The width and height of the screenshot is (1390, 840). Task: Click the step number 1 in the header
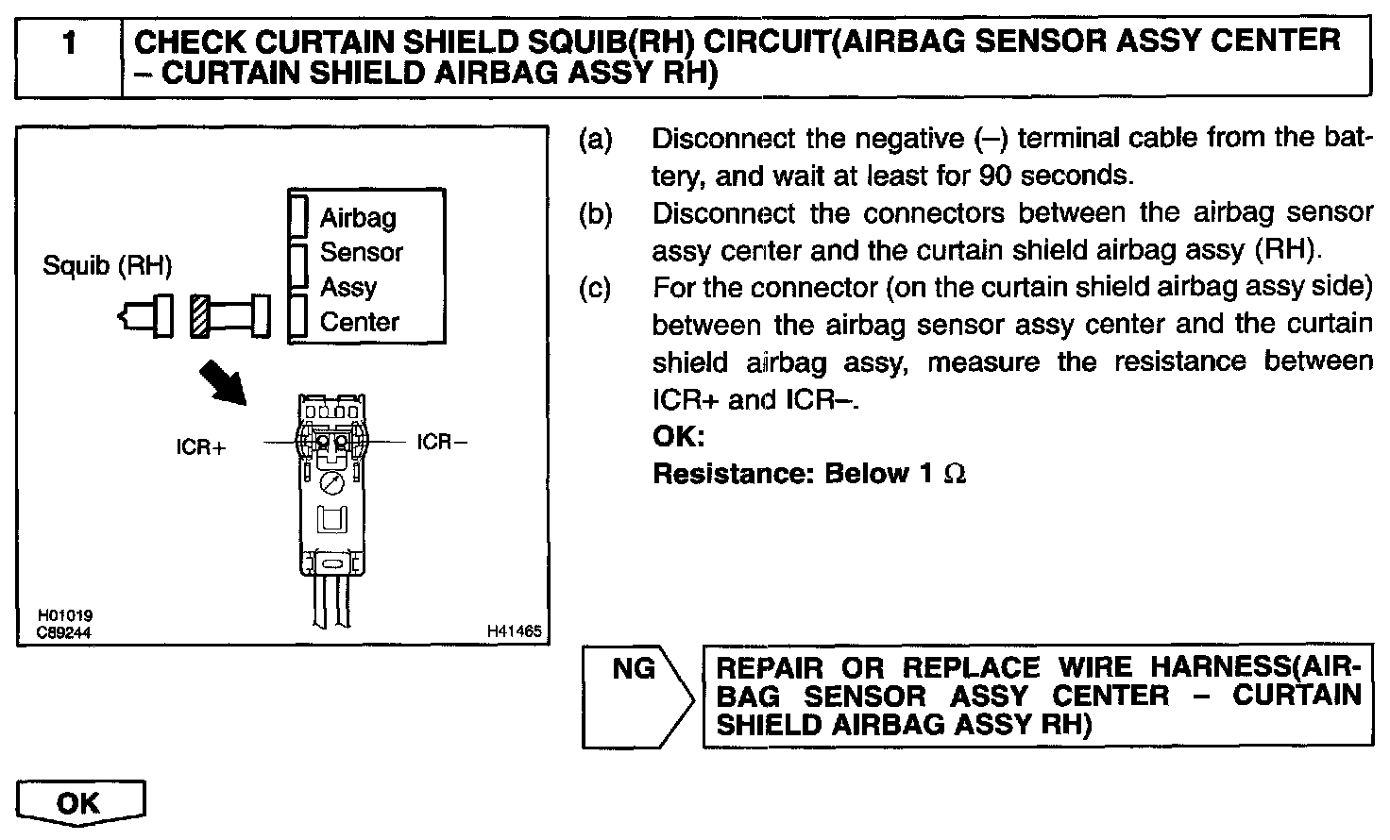click(x=68, y=44)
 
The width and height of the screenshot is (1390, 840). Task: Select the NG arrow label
click(x=634, y=669)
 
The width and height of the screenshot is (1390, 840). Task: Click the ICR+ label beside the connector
click(x=201, y=446)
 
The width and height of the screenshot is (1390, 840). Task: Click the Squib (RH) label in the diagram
click(x=108, y=266)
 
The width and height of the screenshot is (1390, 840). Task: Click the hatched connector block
click(x=199, y=315)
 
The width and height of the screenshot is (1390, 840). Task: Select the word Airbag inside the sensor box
click(x=358, y=218)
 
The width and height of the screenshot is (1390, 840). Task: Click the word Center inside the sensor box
click(x=360, y=322)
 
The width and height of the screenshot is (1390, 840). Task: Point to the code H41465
click(x=515, y=630)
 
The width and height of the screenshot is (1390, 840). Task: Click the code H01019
click(x=65, y=616)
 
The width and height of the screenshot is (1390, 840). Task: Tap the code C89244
click(x=65, y=632)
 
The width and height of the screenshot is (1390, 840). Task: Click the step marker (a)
click(x=595, y=140)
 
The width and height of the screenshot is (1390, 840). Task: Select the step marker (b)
click(x=595, y=213)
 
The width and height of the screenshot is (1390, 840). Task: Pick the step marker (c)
click(x=595, y=287)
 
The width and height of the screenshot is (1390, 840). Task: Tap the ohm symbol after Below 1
click(x=955, y=474)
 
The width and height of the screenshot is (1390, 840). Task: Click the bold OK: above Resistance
click(x=679, y=438)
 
